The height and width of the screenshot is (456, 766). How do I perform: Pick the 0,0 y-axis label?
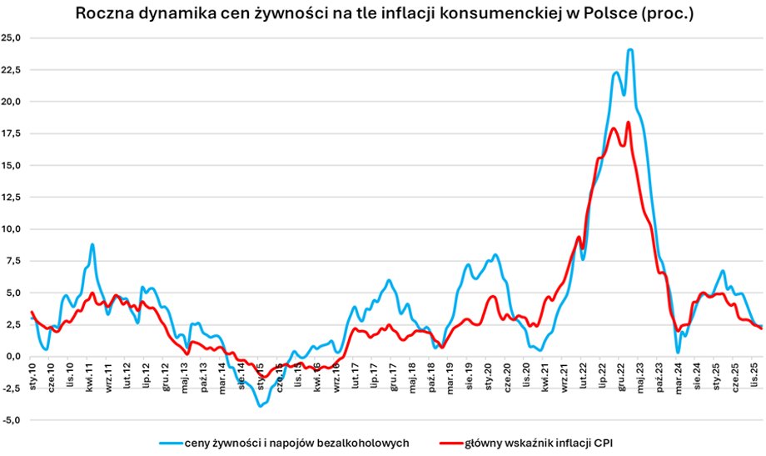click(x=14, y=357)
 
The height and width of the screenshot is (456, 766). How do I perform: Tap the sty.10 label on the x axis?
click(x=33, y=376)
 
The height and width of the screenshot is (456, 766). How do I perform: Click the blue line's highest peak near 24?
click(x=630, y=50)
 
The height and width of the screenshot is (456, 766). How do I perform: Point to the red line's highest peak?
click(x=628, y=123)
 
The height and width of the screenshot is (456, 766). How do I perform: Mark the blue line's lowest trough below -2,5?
click(x=261, y=406)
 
